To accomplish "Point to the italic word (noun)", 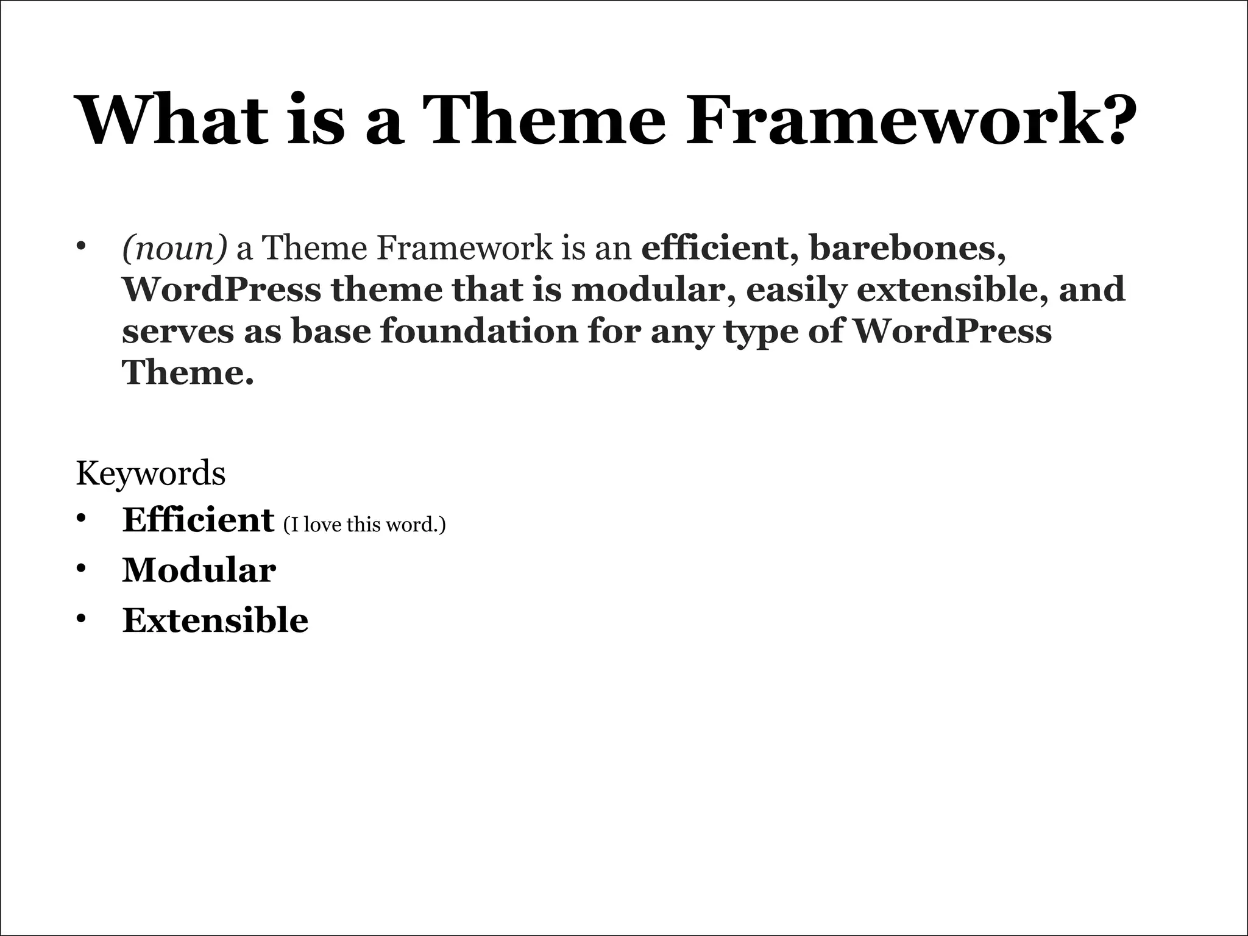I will (x=174, y=249).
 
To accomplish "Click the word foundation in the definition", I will (x=479, y=331).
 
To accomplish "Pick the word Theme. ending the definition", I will (x=188, y=372).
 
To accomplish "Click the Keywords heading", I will (x=151, y=473).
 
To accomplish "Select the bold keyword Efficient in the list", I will (x=198, y=520).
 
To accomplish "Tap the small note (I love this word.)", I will (x=364, y=525).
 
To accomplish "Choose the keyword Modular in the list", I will (x=199, y=570).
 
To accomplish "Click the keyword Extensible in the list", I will (x=215, y=620).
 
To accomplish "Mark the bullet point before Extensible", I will (x=81, y=619).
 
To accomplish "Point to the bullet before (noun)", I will (x=81, y=247).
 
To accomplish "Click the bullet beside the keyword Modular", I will (x=81, y=569).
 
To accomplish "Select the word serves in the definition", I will (x=177, y=331).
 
